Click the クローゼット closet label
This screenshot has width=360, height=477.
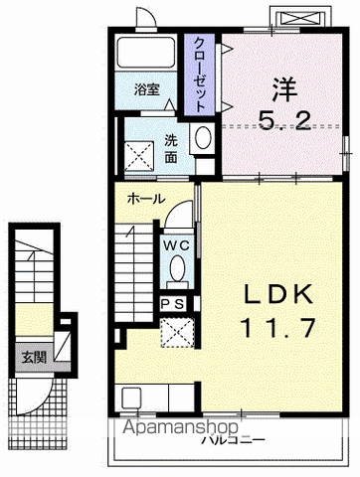point(201,73)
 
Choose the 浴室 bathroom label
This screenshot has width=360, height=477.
point(148,102)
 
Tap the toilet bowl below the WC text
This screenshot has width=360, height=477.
point(177,268)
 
